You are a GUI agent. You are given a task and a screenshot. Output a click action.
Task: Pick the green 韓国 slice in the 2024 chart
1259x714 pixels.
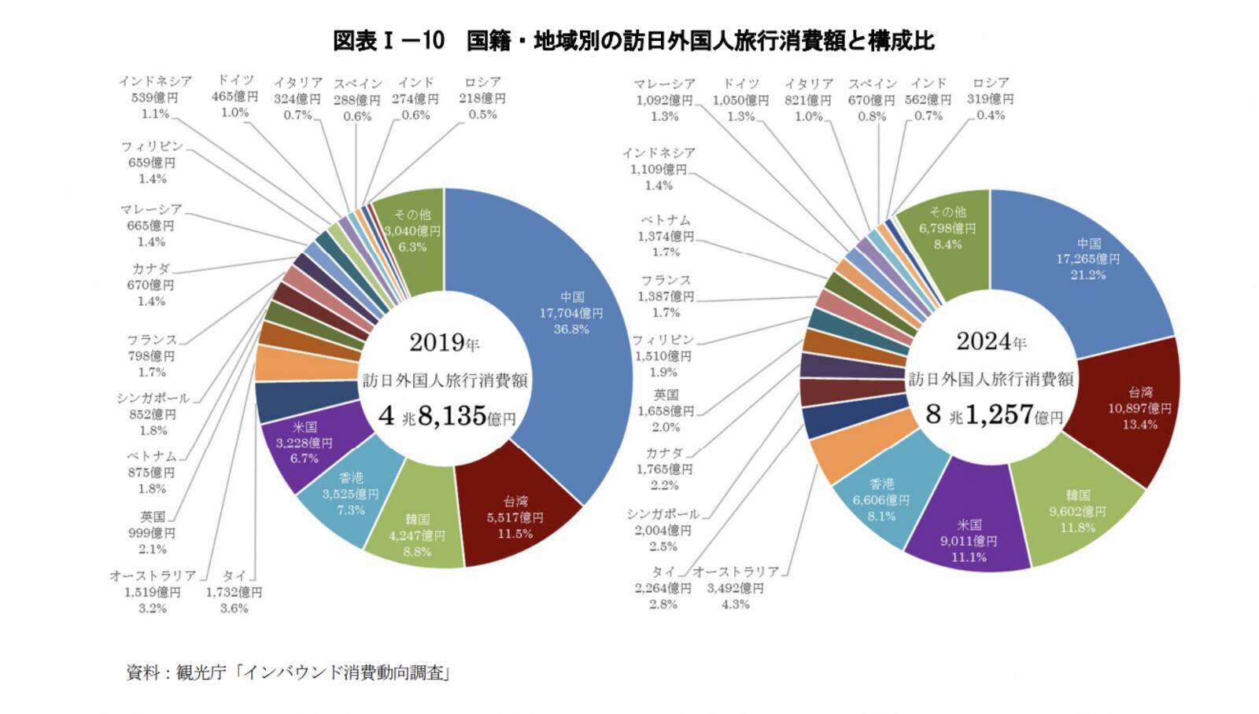1078,511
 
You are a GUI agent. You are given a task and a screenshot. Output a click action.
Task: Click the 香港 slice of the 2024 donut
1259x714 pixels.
881,499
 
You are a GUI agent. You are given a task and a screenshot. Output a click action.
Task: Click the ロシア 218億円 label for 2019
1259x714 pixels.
482,98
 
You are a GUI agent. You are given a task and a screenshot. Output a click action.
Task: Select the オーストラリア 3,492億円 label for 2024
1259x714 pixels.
736,588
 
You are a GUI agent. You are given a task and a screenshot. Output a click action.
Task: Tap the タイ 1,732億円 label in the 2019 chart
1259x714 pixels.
234,592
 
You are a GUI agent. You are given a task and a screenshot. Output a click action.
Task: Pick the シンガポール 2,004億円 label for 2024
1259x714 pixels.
663,530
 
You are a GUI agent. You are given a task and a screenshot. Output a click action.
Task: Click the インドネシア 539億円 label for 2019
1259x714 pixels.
155,98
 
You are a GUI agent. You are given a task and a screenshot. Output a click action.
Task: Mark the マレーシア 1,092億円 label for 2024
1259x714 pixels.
665,100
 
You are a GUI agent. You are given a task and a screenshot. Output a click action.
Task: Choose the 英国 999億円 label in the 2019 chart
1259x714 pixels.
153,532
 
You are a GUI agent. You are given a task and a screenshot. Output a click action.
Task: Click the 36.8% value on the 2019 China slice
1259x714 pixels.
571,329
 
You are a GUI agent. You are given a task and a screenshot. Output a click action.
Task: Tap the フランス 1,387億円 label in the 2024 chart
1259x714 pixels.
666,296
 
